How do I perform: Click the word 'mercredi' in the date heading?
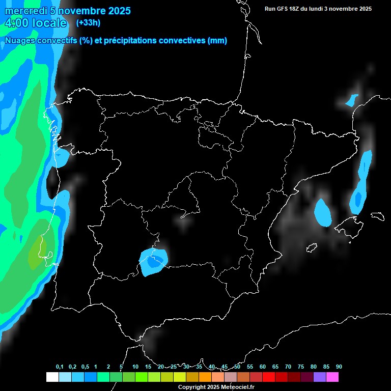point(25,11)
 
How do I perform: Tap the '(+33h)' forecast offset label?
point(88,22)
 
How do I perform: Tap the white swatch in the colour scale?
point(52,377)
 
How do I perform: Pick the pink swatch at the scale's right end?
point(332,377)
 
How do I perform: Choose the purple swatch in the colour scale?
point(319,377)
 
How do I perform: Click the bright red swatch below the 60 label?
point(268,377)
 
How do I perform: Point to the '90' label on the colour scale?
point(339,367)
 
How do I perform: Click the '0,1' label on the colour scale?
point(60,367)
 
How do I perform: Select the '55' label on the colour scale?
point(249,367)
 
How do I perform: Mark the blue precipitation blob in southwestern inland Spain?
point(153,262)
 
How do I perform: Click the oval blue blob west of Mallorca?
point(323,213)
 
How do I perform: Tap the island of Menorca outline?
point(377,216)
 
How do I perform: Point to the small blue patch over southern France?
point(351,100)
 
